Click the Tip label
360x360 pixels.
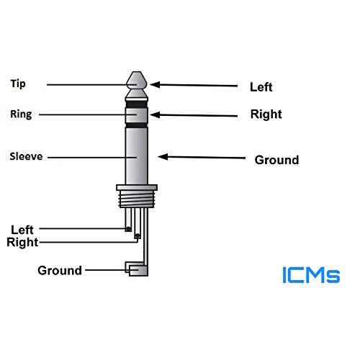(x=17, y=84)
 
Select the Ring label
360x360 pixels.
(x=19, y=114)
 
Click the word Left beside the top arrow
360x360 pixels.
(x=261, y=87)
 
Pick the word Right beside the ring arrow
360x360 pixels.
(x=266, y=114)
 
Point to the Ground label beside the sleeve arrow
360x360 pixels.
(x=276, y=160)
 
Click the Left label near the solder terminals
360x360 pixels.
(x=22, y=230)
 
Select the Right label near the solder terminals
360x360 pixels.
(x=22, y=243)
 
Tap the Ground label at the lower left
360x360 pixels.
(x=60, y=271)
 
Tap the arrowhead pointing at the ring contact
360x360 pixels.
(x=154, y=114)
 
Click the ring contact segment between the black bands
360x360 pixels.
(x=137, y=114)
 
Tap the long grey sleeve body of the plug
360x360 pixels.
(x=137, y=155)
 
